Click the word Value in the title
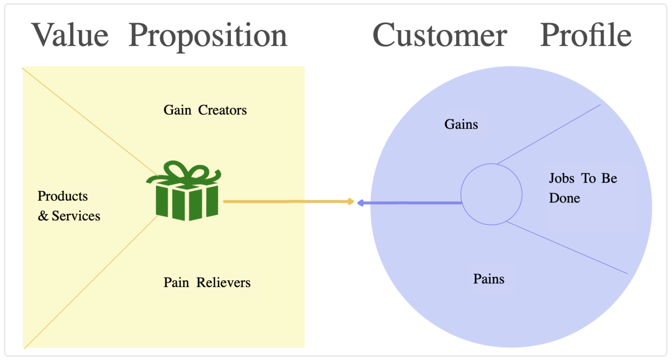point(70,35)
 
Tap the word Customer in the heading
point(439,35)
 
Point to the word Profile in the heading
point(586,35)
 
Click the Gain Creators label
point(205,110)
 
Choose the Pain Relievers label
point(207,283)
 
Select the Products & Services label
point(69,206)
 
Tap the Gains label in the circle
point(461,124)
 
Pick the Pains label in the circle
point(489,279)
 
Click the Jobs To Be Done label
point(582,188)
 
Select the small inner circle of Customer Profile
point(491,194)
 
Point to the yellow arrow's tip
point(353,202)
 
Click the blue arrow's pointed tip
point(359,203)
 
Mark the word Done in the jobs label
point(564,198)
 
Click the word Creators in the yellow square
point(222,110)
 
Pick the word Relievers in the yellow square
point(224,283)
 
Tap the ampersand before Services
point(43,216)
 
